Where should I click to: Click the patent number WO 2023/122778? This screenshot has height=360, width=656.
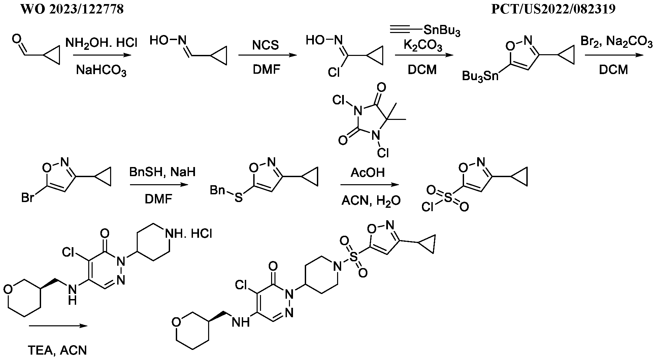(72, 9)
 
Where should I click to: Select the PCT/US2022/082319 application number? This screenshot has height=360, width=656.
(553, 9)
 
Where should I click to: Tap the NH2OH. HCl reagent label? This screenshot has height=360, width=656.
(101, 43)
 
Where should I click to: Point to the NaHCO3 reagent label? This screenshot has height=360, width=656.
(101, 71)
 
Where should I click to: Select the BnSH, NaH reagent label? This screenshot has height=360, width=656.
(162, 172)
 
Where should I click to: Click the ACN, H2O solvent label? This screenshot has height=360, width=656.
(371, 201)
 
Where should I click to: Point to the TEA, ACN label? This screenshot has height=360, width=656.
(57, 351)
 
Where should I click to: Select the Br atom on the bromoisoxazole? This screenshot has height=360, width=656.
(28, 198)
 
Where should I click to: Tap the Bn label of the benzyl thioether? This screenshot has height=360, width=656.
(217, 190)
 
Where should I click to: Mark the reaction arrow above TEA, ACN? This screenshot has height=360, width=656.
(58, 326)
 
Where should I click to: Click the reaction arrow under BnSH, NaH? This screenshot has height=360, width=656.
(159, 185)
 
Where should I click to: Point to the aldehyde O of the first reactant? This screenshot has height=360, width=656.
(16, 40)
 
